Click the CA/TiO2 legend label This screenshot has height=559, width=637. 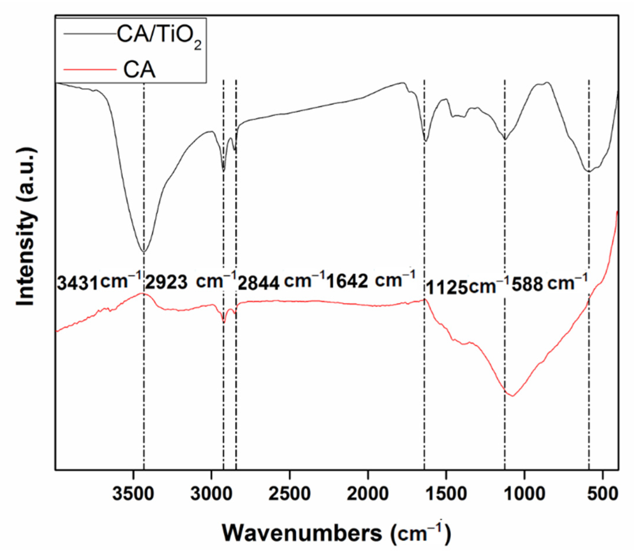tap(159, 38)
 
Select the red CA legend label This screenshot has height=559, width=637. tap(139, 70)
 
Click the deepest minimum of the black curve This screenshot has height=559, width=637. tap(144, 252)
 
